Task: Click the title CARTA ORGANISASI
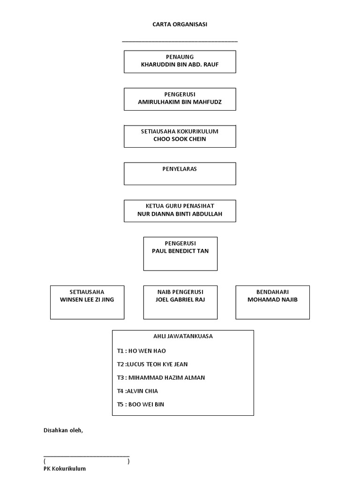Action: point(180,24)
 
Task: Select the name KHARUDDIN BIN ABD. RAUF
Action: point(180,65)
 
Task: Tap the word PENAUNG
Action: point(180,57)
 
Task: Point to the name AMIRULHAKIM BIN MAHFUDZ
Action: point(180,102)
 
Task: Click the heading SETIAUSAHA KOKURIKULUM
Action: point(180,131)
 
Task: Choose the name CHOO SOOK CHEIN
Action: point(180,139)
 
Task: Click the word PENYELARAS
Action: point(180,169)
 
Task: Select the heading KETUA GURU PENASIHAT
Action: point(180,206)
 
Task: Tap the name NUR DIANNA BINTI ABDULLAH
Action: point(180,214)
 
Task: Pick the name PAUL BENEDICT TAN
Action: point(180,251)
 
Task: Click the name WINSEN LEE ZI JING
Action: point(87,300)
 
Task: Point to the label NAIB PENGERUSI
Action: point(180,292)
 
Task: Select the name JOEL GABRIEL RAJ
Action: point(180,300)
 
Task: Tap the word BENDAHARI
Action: point(272,292)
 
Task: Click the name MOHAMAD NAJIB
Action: point(272,300)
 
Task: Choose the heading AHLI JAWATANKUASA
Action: point(183,336)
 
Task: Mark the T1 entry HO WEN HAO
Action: point(142,351)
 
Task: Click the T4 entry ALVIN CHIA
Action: point(137,391)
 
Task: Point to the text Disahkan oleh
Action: point(63,430)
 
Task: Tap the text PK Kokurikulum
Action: point(65,468)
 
